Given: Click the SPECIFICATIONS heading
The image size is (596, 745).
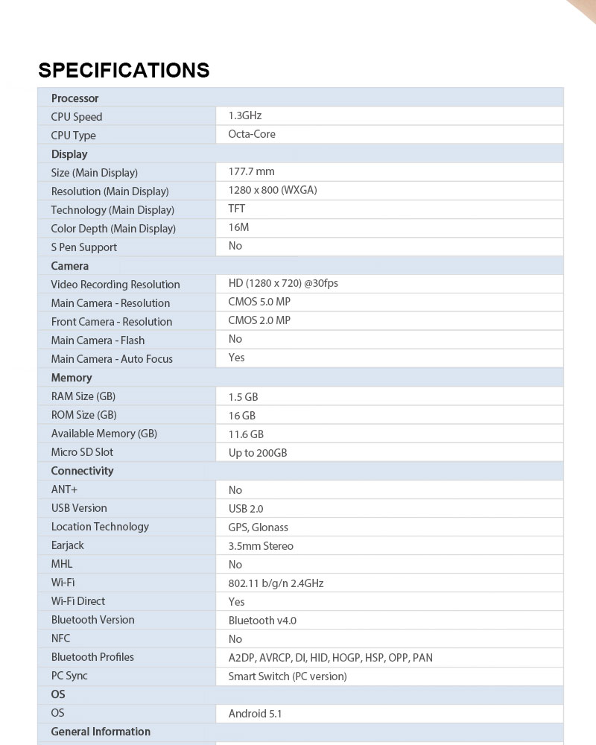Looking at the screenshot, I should tap(124, 70).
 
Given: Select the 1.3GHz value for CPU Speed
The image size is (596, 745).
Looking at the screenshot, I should tap(245, 115).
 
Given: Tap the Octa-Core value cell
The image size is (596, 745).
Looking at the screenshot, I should tap(252, 134).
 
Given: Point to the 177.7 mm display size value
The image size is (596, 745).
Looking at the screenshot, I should tap(251, 171).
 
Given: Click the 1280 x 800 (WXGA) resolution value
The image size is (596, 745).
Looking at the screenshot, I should tap(273, 190).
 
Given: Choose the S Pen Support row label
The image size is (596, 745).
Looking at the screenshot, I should tap(84, 247).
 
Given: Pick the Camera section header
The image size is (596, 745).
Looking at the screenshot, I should tap(70, 266).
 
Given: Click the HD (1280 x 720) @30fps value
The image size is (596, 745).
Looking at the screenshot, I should tap(283, 283).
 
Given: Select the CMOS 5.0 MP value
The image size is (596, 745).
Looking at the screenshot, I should tap(259, 302).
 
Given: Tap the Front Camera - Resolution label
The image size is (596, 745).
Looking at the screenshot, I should tap(112, 322).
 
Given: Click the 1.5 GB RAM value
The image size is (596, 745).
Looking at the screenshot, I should tap(243, 397).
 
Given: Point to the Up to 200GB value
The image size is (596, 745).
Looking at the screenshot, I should tap(258, 453).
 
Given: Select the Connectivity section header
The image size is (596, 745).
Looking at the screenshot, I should tap(83, 471).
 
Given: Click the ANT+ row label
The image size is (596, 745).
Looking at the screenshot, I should tap(65, 489).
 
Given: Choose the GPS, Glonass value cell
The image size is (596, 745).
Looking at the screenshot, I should tap(259, 527).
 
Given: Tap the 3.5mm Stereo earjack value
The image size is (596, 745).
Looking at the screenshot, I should tap(261, 546).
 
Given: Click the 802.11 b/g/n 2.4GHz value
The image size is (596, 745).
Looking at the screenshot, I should tap(276, 583).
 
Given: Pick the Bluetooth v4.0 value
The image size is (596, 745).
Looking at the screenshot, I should tap(263, 621).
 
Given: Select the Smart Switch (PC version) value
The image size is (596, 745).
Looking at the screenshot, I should tap(288, 676).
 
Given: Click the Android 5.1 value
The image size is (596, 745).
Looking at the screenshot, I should tap(255, 714).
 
